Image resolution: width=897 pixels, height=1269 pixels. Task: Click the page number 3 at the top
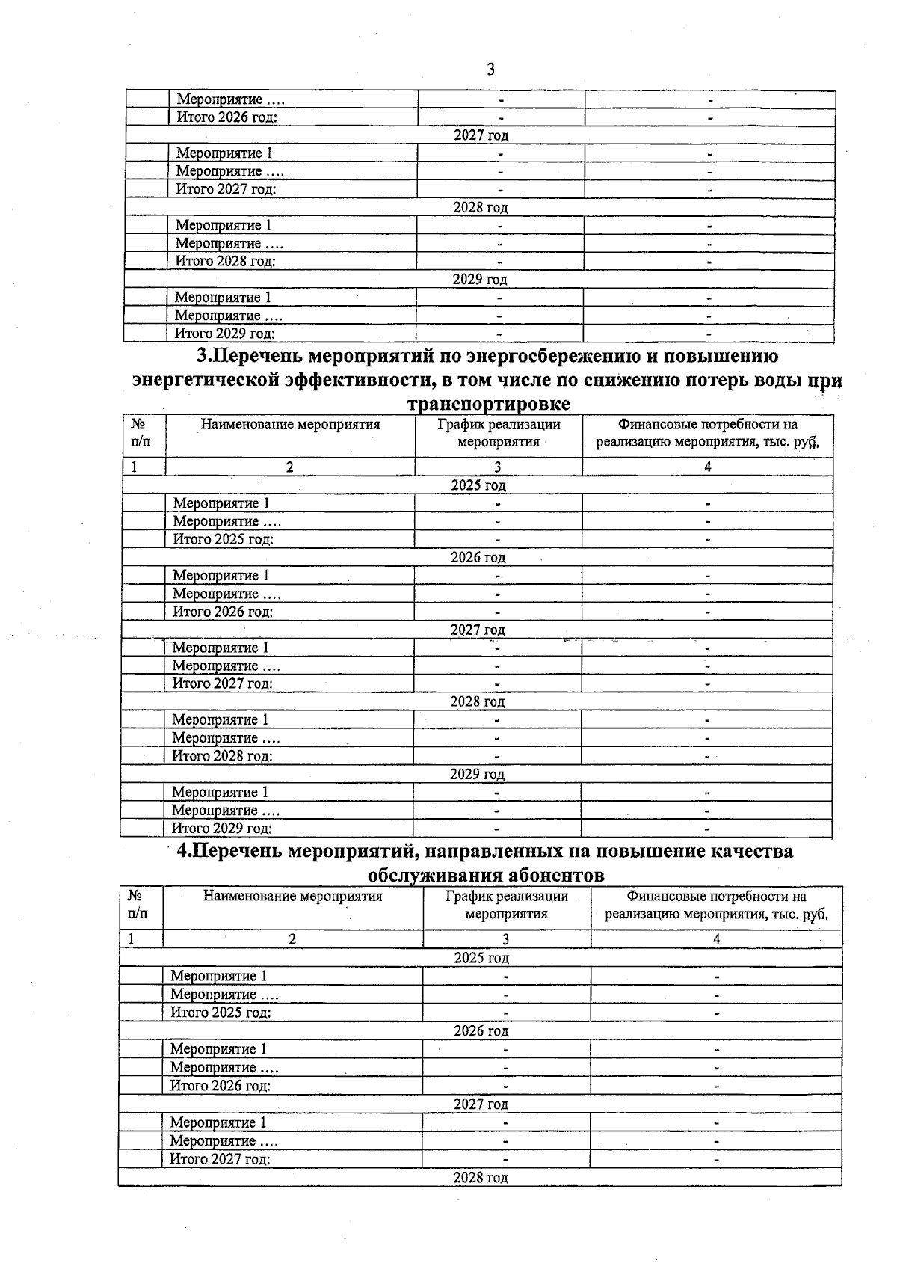490,70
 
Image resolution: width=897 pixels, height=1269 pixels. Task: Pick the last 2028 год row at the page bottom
481,1177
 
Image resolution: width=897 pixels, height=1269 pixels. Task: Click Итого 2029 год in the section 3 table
222,828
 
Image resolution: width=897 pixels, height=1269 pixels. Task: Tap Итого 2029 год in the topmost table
224,334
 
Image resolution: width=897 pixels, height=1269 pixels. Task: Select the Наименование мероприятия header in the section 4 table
292,896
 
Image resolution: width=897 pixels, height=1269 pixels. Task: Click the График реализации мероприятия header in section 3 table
499,433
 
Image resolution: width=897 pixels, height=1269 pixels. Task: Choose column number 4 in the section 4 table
717,939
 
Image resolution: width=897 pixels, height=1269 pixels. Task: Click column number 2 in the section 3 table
289,467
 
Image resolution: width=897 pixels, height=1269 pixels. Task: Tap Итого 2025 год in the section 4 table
221,1013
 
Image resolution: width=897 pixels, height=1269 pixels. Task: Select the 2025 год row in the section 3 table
478,485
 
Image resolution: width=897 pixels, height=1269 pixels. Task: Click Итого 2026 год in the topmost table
226,117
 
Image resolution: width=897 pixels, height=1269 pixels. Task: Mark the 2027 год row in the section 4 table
481,1104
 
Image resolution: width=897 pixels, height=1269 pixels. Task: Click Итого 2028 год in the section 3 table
222,755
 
